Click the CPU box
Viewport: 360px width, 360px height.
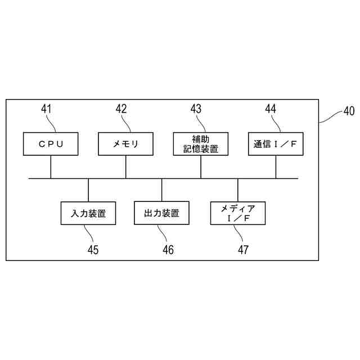(51, 143)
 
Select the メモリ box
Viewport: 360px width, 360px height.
(125, 143)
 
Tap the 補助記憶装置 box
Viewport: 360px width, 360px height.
(201, 143)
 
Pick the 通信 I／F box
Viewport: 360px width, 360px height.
(276, 143)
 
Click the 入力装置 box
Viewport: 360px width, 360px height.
(88, 214)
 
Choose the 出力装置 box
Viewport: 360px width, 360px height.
(162, 214)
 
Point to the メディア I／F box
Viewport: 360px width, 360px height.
(237, 214)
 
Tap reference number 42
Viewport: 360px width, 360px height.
(121, 109)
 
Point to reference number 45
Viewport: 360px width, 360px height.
(93, 249)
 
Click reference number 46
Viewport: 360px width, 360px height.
(168, 249)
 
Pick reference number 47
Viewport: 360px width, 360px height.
(243, 249)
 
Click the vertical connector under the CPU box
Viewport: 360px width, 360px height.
(51, 167)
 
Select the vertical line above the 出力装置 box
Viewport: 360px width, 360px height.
(162, 191)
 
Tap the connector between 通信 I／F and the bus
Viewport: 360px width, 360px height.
(276, 167)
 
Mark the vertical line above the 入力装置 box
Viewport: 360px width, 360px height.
(88, 191)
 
